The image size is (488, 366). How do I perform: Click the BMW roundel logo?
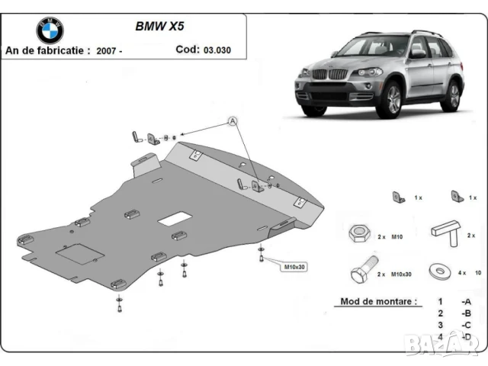point(50,30)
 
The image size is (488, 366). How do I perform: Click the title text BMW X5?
point(159,24)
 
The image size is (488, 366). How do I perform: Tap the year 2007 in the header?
point(104,50)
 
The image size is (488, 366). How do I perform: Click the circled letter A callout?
point(232,121)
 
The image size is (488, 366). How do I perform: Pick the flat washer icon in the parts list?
point(441,270)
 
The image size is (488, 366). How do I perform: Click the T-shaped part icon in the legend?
point(446,230)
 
